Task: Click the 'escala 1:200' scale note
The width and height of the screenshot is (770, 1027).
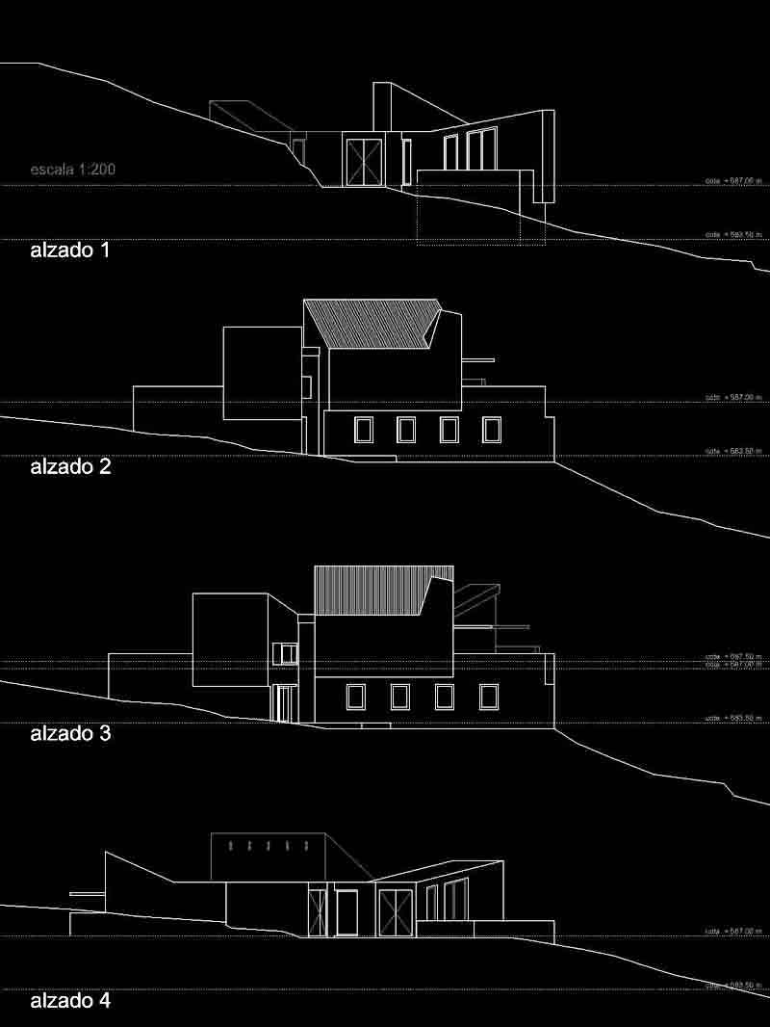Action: coord(73,171)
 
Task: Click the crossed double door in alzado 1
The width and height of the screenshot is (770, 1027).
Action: coord(365,161)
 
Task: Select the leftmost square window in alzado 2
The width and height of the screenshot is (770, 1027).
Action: coord(364,430)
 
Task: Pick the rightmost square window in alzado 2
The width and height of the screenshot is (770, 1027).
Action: coord(492,430)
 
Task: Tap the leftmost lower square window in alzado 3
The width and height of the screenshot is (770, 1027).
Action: coord(355,697)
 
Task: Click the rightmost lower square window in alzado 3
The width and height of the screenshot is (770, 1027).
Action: coord(489,697)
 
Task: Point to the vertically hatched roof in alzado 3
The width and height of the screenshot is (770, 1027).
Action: coord(371,590)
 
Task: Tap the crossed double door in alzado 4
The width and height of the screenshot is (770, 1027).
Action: coord(395,911)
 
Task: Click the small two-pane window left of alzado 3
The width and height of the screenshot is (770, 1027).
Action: coord(285,655)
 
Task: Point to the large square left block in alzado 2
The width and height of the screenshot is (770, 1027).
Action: coord(262,373)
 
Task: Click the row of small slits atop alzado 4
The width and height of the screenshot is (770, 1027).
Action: coord(269,846)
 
